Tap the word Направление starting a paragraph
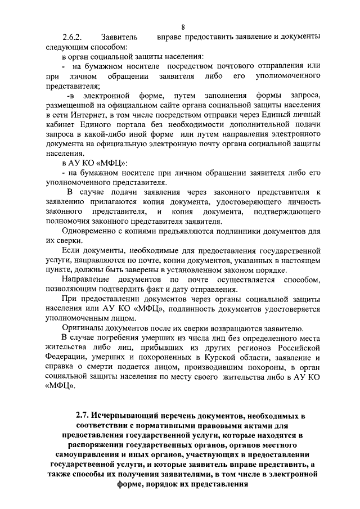(x=89, y=279)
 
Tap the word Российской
(x=294, y=347)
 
